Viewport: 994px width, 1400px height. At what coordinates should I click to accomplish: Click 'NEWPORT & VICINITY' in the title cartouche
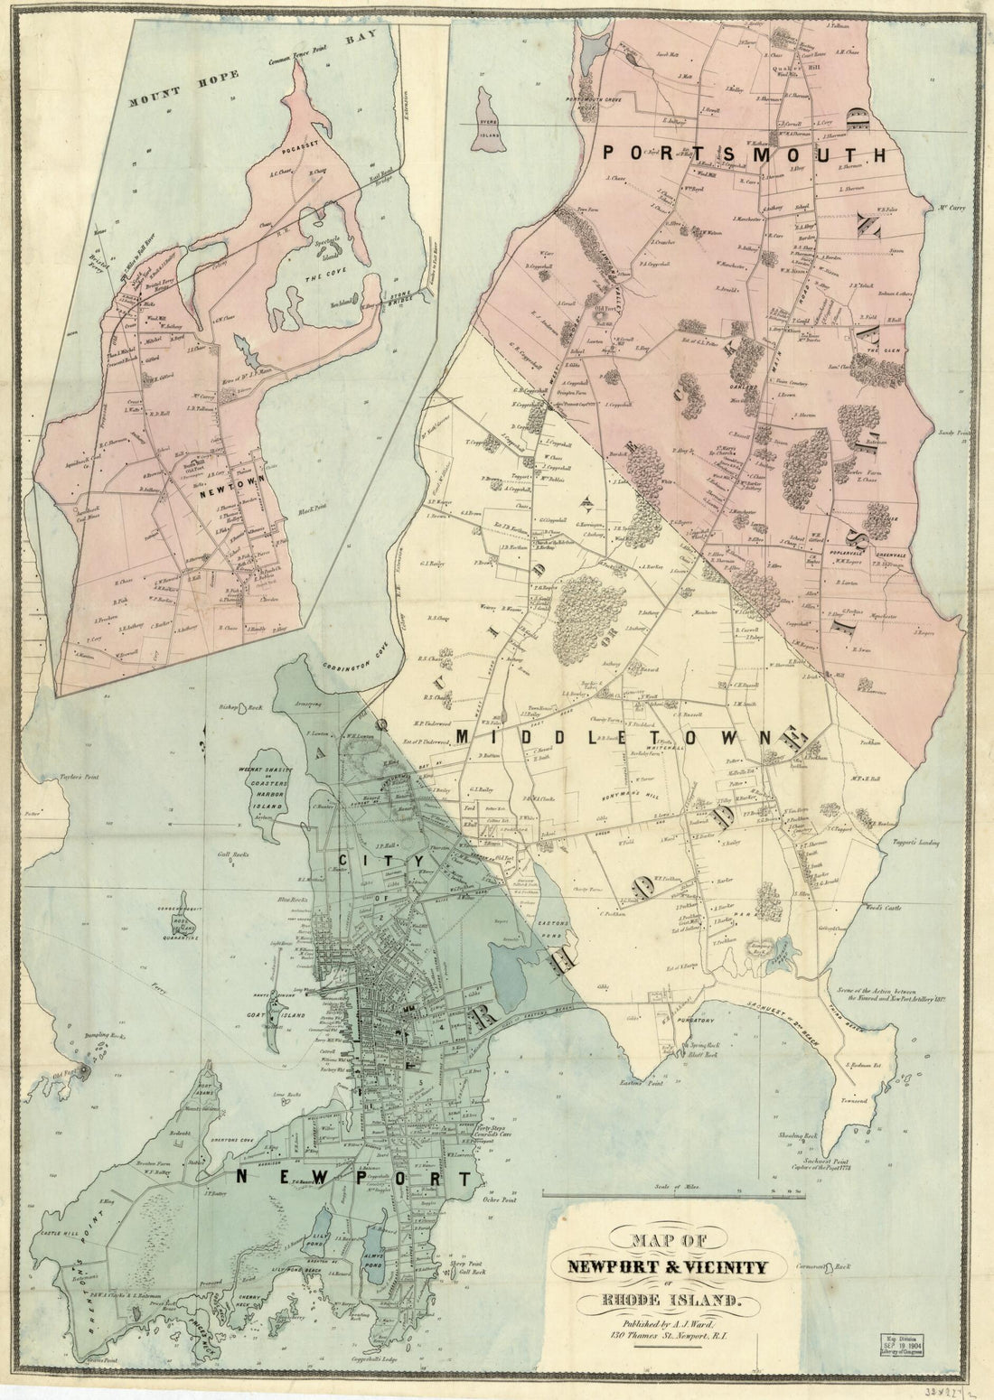click(667, 1267)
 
